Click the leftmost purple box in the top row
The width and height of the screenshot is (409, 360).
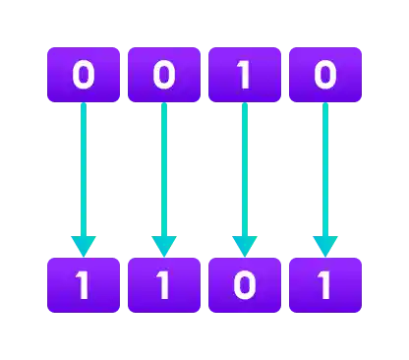(x=84, y=76)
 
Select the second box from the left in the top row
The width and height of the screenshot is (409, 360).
(x=164, y=76)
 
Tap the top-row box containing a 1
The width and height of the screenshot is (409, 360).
(x=245, y=76)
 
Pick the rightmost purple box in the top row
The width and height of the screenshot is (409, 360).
(x=325, y=76)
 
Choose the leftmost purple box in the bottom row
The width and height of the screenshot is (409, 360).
(x=84, y=284)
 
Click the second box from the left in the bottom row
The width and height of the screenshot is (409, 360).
(x=164, y=284)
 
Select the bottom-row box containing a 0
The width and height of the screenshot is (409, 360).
(x=245, y=284)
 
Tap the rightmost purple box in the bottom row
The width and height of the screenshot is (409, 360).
(x=325, y=284)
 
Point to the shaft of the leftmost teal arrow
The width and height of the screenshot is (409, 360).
(x=84, y=167)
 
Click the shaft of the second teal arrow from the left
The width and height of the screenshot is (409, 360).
(x=164, y=167)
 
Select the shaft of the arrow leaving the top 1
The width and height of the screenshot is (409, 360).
(x=245, y=167)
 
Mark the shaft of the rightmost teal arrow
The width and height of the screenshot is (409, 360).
(x=325, y=167)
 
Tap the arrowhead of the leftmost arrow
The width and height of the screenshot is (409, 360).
(x=84, y=245)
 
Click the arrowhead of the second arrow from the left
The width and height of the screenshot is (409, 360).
(x=164, y=245)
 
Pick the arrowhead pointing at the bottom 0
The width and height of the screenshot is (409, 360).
(x=245, y=245)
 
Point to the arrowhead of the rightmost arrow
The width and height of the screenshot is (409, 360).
(x=325, y=245)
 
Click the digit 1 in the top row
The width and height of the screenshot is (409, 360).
(x=245, y=76)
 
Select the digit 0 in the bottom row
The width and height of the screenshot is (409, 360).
(x=245, y=284)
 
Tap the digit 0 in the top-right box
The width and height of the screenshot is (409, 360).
(x=325, y=76)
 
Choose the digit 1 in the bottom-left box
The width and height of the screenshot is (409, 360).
(x=84, y=284)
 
